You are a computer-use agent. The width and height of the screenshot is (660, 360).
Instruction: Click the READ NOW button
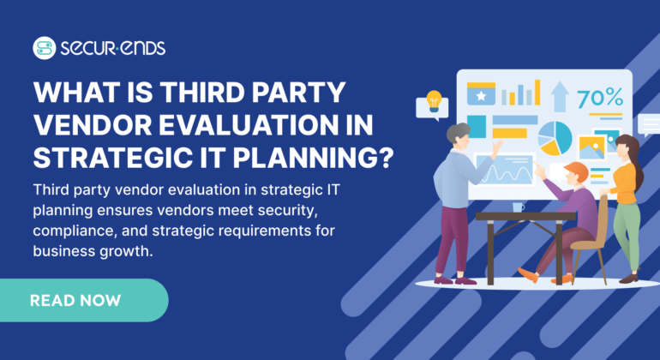(x=75, y=300)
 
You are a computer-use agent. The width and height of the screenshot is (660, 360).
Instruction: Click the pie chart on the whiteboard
(x=555, y=137)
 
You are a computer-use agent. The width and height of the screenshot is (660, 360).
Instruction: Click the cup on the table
(x=519, y=207)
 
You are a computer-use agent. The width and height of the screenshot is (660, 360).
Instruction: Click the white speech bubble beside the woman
(x=649, y=124)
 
